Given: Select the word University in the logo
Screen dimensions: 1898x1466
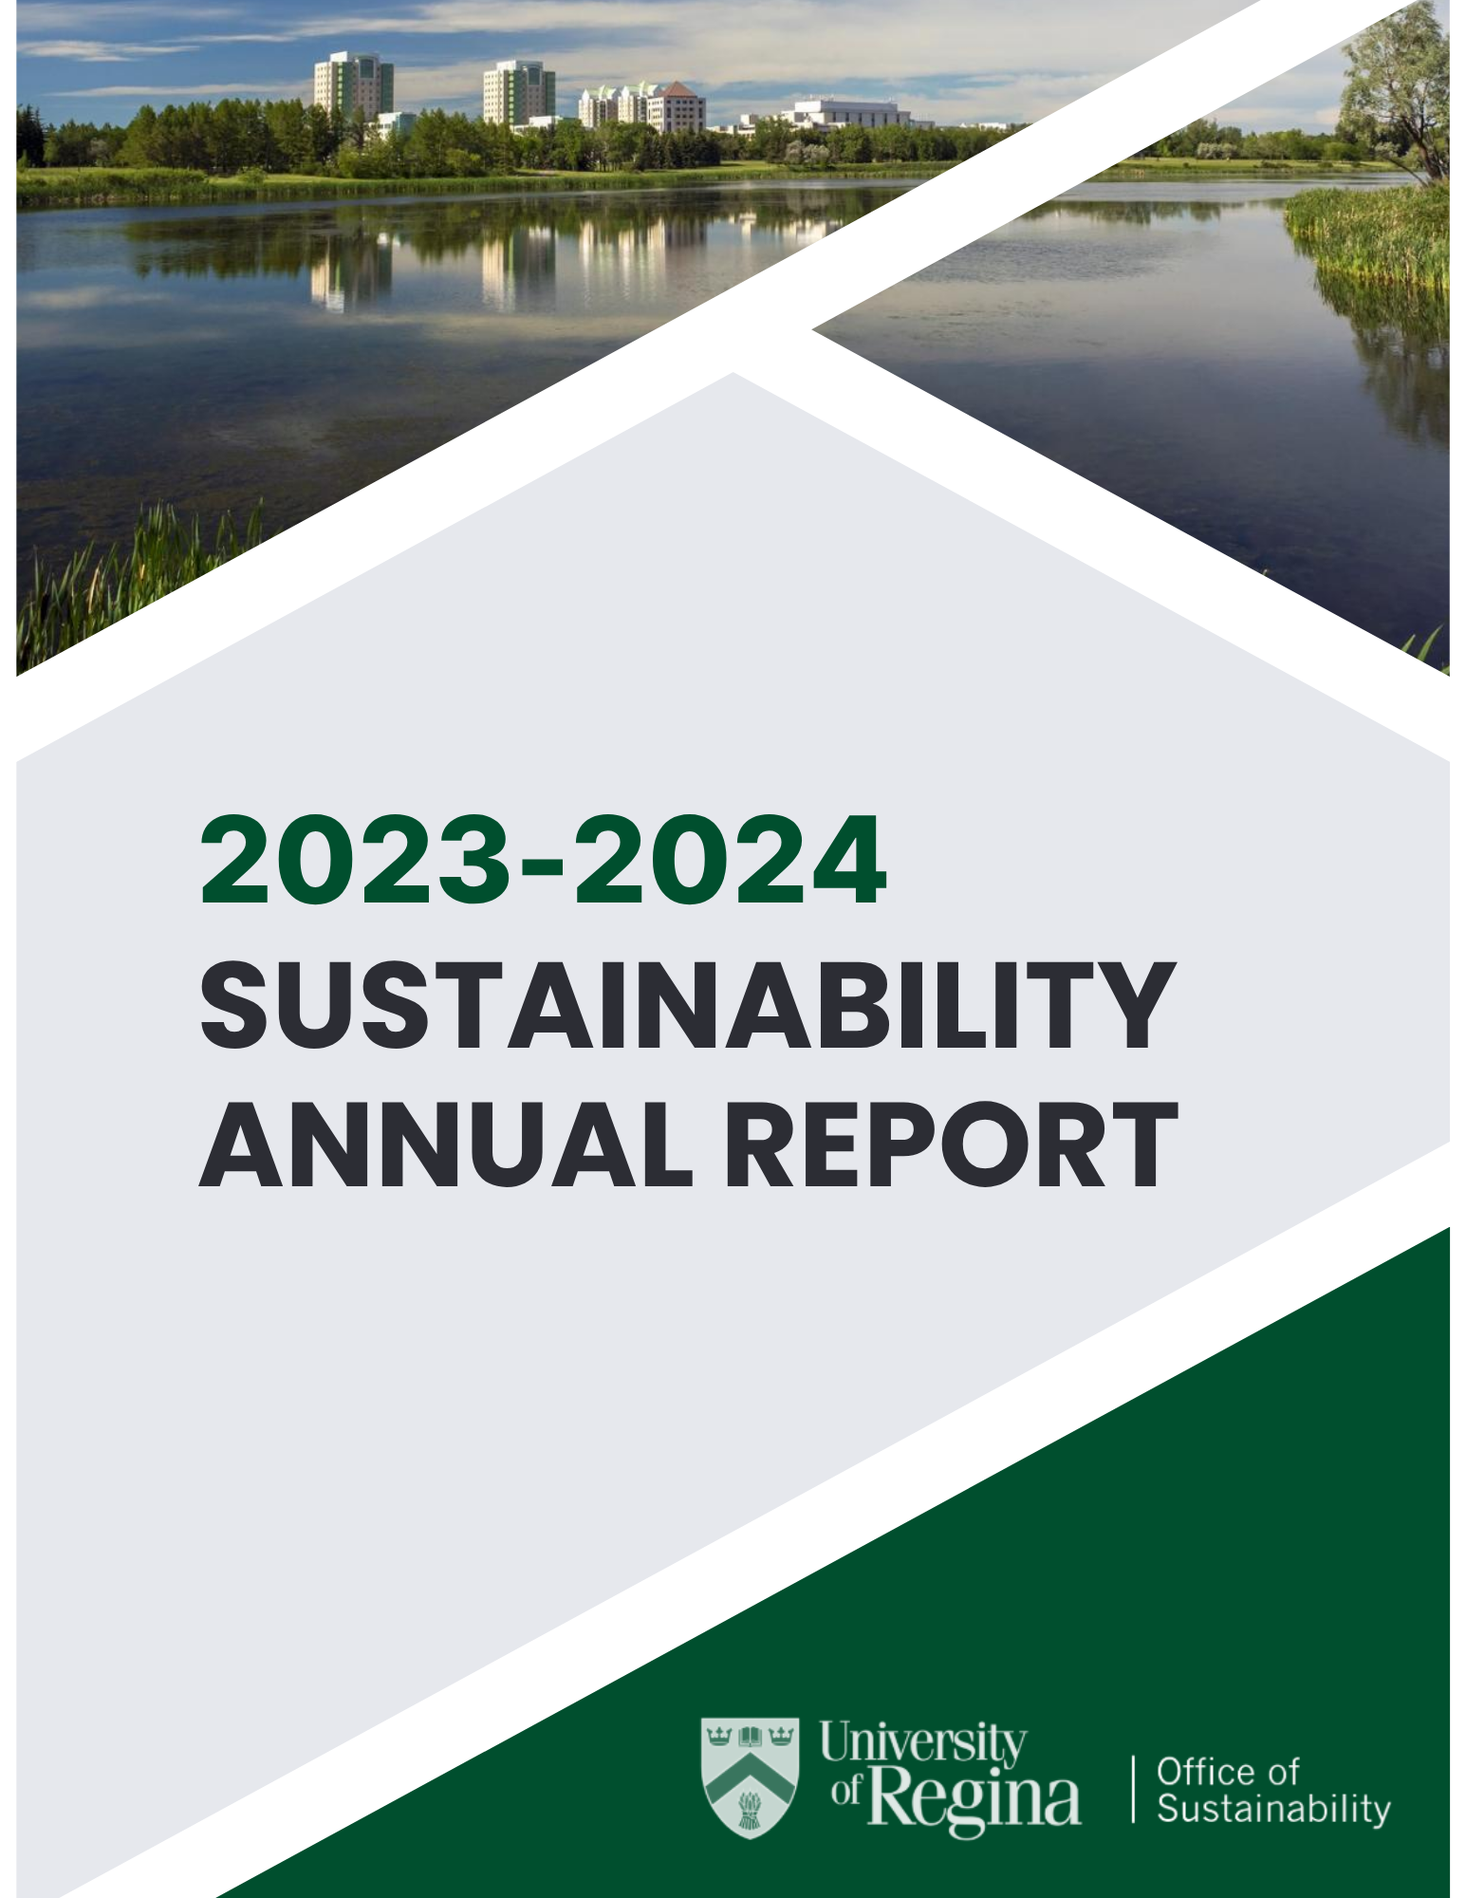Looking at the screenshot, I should coord(922,1743).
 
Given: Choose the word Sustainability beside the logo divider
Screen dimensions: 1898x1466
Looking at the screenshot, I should coord(1273,1809).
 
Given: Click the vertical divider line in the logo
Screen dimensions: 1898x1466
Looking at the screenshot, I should coord(1133,1789).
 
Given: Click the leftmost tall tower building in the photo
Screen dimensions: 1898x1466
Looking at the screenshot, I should coord(353,87).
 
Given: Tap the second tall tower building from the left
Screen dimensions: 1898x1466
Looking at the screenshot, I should coord(518,93).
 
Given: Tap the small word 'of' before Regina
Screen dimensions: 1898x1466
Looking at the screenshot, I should coord(846,1789).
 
